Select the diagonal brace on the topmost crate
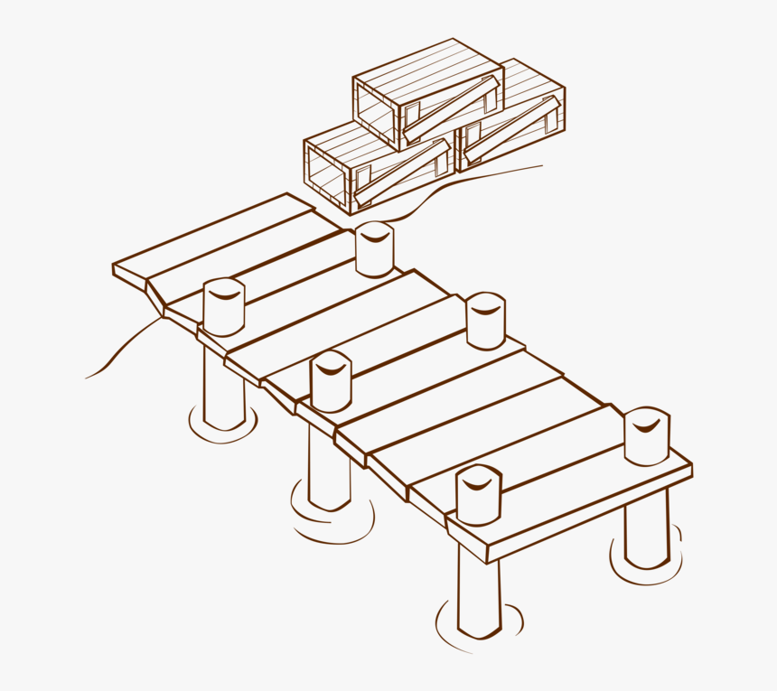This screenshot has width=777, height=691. coord(451,109)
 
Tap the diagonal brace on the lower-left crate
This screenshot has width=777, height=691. coord(402,171)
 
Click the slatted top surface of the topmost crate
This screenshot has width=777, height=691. coord(425,67)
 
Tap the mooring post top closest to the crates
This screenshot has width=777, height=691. coord(374,249)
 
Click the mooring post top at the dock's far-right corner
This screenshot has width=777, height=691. coord(646,436)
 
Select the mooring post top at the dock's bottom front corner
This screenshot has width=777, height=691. coord(478,495)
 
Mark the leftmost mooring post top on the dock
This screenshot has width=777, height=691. coord(223,307)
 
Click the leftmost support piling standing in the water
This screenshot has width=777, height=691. coord(223,388)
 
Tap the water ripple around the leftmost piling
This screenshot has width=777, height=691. coord(223,432)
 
